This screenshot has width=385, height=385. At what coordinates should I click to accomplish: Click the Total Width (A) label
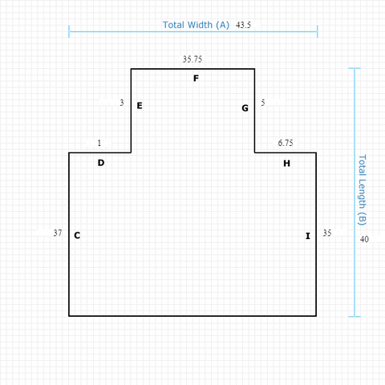196,25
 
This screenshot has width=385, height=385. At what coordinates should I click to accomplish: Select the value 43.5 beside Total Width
243,25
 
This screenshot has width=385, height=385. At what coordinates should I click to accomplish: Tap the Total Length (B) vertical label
362,190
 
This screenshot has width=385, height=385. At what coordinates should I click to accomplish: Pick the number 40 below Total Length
364,239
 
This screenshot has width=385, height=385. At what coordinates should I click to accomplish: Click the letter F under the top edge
196,79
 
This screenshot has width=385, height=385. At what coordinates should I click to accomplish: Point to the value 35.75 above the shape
192,59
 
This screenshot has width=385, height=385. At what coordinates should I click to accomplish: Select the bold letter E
140,106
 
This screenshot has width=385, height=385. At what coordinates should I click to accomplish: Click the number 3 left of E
122,103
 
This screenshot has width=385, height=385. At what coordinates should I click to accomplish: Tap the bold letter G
245,108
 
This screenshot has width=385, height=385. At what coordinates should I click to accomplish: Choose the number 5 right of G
263,103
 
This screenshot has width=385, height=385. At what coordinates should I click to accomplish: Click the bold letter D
101,163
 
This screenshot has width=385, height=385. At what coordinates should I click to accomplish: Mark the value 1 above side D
99,143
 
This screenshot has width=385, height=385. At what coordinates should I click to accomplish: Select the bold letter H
286,163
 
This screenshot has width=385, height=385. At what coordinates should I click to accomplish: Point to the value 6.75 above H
286,143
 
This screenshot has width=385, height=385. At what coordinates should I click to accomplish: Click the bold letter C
77,235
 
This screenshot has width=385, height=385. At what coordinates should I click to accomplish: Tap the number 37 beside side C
58,233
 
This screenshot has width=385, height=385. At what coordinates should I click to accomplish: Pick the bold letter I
308,236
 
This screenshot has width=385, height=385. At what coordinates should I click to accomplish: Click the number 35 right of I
327,233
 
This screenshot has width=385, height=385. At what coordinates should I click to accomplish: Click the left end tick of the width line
69,31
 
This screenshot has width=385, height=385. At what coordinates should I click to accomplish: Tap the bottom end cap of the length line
355,317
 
